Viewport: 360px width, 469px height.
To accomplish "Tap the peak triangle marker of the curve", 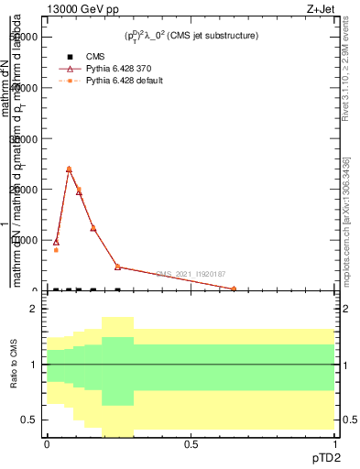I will point(70,169).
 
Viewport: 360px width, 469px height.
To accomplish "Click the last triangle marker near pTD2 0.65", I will point(234,289).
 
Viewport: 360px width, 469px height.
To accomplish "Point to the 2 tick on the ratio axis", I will point(33,310).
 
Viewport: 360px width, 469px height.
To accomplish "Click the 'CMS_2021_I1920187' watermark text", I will point(190,274).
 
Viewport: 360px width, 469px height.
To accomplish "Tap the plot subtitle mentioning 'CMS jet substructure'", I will point(191,36).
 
